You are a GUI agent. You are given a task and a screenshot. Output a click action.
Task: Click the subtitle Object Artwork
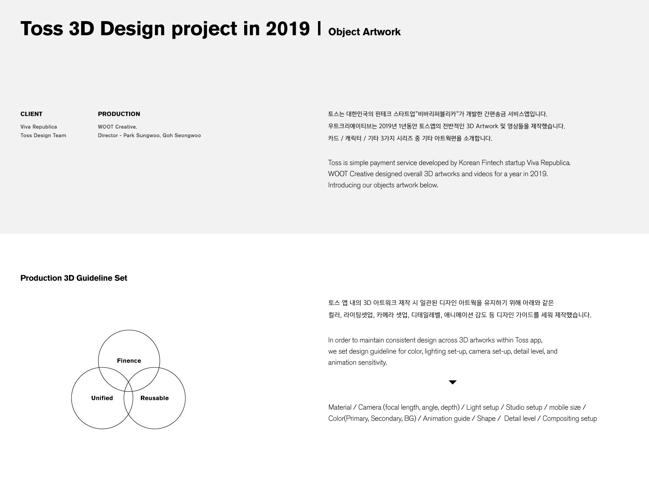click(x=364, y=32)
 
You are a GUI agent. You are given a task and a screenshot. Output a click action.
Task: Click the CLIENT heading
click(x=31, y=114)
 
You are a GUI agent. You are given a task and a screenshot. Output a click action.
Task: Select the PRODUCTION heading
click(x=119, y=114)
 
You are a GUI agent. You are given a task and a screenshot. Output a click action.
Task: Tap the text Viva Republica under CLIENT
click(x=39, y=127)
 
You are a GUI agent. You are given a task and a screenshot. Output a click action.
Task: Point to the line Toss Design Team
click(x=43, y=136)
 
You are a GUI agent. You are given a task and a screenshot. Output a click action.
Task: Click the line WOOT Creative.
click(x=117, y=127)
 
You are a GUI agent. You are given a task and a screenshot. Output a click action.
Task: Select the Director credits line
click(x=149, y=136)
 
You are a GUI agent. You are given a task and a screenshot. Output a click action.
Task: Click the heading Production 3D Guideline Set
click(x=74, y=278)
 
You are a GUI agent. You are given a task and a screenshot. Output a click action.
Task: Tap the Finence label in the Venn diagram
click(x=129, y=360)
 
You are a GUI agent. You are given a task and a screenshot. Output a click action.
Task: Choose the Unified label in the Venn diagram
click(x=102, y=398)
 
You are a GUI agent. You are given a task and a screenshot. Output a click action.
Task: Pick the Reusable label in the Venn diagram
click(x=155, y=398)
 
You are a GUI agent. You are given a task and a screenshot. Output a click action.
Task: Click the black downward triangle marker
click(x=452, y=382)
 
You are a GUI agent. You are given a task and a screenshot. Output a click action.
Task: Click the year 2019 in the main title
click(x=288, y=29)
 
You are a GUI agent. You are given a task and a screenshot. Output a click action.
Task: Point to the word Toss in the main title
click(x=42, y=29)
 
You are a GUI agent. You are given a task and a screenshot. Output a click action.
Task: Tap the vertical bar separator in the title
click(x=319, y=28)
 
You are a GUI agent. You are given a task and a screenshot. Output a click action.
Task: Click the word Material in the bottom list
click(x=340, y=408)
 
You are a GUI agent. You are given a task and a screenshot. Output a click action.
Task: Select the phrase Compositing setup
click(x=569, y=419)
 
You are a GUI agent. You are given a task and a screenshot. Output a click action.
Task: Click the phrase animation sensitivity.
click(x=357, y=363)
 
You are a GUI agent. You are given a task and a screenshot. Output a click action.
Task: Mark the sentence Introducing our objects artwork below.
click(x=383, y=185)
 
